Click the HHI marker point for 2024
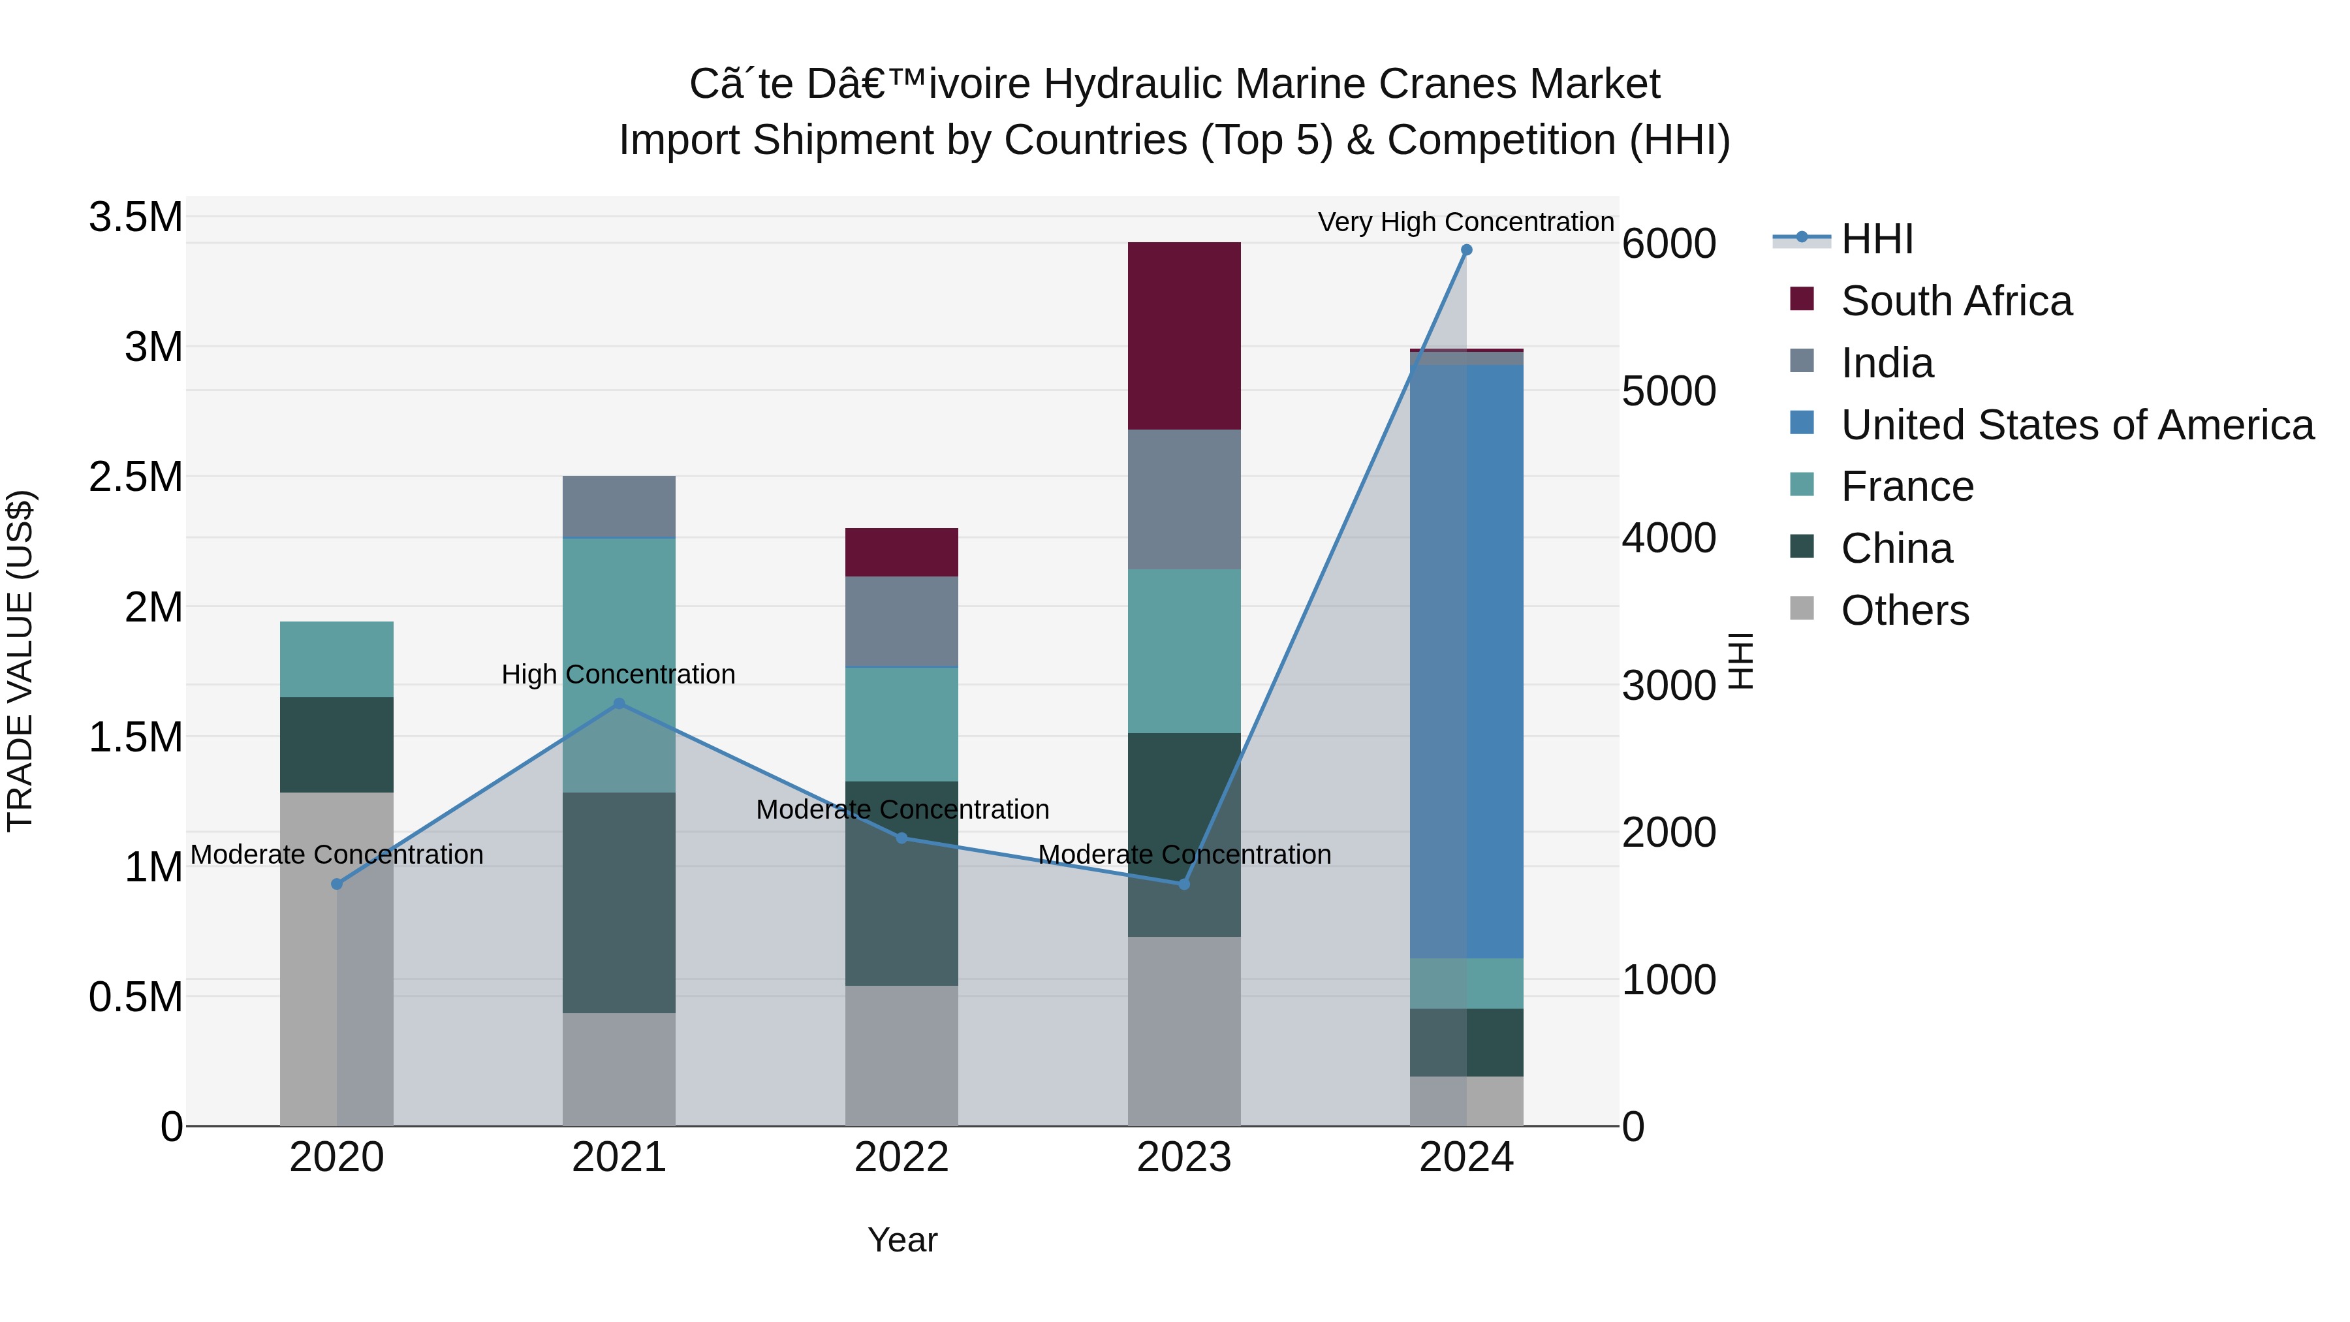pyautogui.click(x=1466, y=250)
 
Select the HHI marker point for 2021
pyautogui.click(x=619, y=703)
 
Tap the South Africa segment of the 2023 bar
pyautogui.click(x=1184, y=336)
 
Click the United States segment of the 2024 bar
pyautogui.click(x=1467, y=661)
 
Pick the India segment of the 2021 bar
pyautogui.click(x=619, y=507)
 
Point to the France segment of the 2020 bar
pyautogui.click(x=337, y=659)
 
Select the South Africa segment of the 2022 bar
pyautogui.click(x=901, y=552)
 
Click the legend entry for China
pyautogui.click(x=1896, y=548)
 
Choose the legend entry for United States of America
pyautogui.click(x=2076, y=425)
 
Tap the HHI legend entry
pyautogui.click(x=1877, y=239)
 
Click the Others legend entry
pyautogui.click(x=1904, y=610)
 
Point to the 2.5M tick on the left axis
pyautogui.click(x=136, y=477)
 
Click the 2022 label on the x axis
pyautogui.click(x=901, y=1157)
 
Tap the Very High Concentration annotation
pyautogui.click(x=1466, y=222)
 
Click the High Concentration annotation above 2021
pyautogui.click(x=619, y=674)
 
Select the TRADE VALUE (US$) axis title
pyautogui.click(x=20, y=661)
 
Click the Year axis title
pyautogui.click(x=902, y=1240)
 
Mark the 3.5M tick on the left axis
pyautogui.click(x=136, y=217)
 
